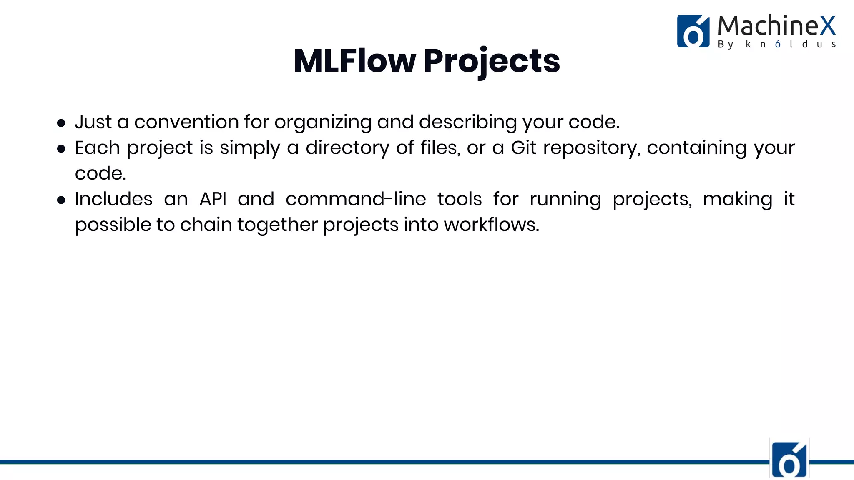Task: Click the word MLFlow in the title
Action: tap(354, 61)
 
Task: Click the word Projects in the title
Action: tap(492, 61)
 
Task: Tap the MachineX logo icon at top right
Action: tap(693, 31)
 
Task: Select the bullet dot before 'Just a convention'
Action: tap(61, 123)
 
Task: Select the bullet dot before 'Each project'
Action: tap(61, 149)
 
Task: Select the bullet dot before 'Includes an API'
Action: tap(61, 200)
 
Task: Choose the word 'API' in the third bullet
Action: tap(213, 199)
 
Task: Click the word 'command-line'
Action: tap(356, 199)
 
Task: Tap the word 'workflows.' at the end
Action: tap(491, 225)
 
